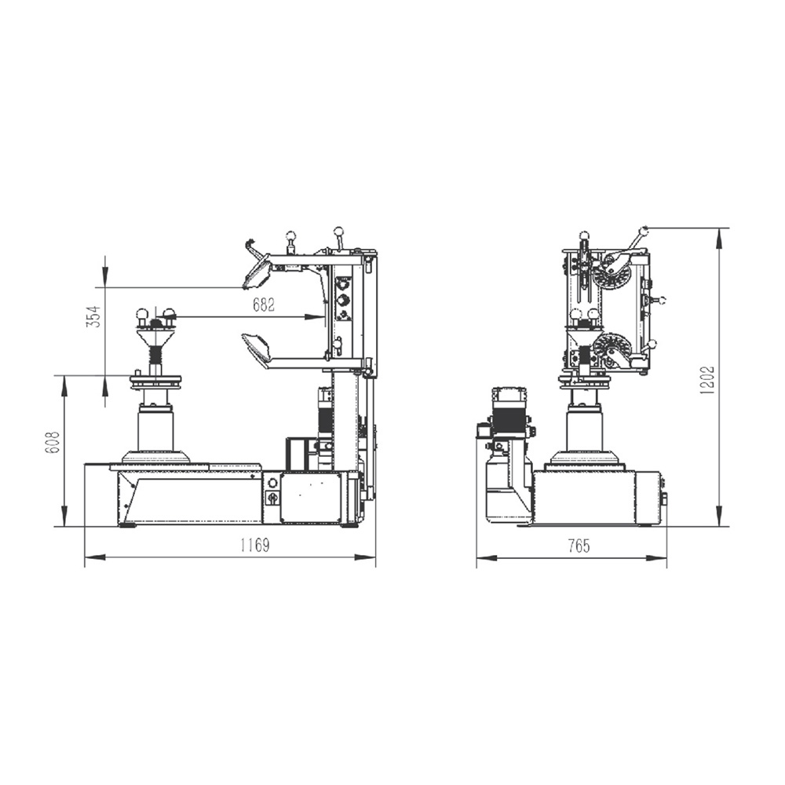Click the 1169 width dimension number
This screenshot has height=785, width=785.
pyautogui.click(x=255, y=546)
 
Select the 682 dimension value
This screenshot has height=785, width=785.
pyautogui.click(x=264, y=305)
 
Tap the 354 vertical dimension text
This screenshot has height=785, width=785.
pyautogui.click(x=94, y=316)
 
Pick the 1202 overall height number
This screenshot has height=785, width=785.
pyautogui.click(x=707, y=381)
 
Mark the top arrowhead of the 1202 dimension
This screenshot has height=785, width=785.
pyautogui.click(x=719, y=239)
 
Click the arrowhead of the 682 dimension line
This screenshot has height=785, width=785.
pyautogui.click(x=316, y=316)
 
